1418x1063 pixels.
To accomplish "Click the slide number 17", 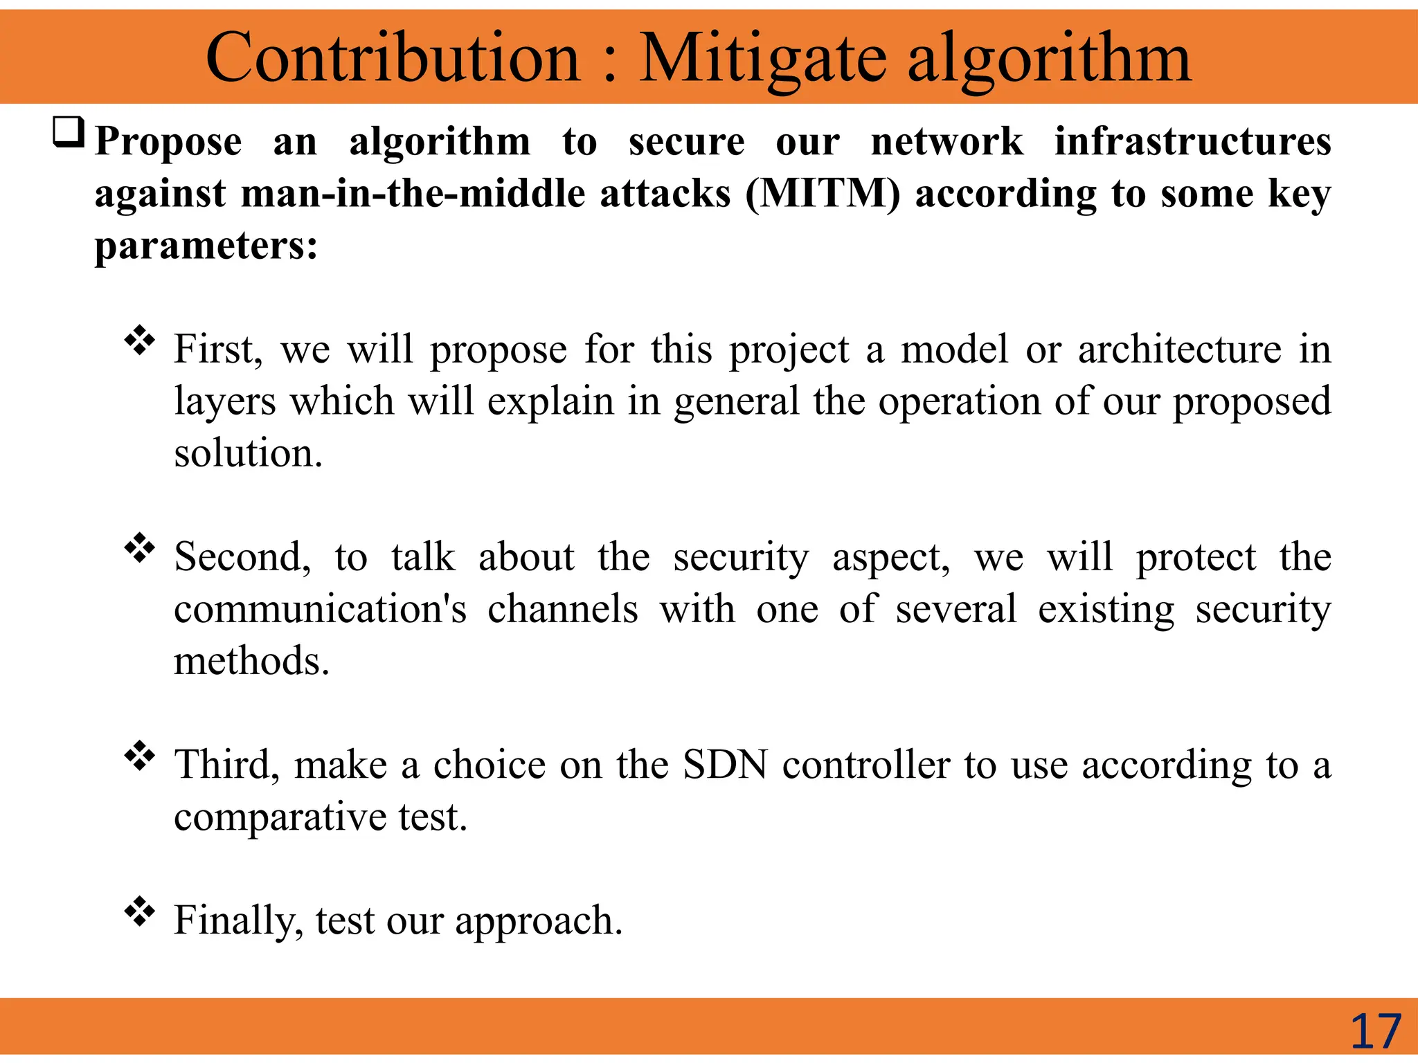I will coord(1375,1032).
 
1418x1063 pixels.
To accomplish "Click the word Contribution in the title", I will coord(393,58).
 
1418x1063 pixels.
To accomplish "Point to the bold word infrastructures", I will coord(1192,142).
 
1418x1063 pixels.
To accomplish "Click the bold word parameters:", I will coord(206,246).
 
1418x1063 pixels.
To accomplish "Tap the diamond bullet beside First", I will coord(139,340).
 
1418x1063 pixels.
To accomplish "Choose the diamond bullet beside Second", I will coord(139,548).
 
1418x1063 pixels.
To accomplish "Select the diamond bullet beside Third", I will coord(139,756).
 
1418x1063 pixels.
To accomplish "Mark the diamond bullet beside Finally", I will coord(139,911).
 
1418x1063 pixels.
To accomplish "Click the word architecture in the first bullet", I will coord(1180,349).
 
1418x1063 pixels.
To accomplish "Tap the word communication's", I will coord(320,609).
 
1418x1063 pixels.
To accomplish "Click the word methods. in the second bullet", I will coord(251,661).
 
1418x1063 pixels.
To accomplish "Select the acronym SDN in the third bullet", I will coord(725,765).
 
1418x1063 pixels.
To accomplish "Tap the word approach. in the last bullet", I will coord(539,921).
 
